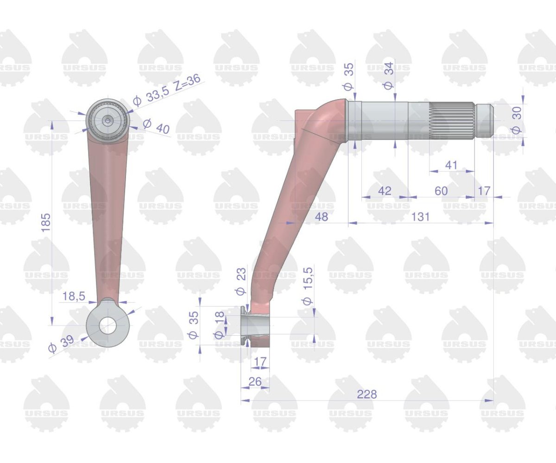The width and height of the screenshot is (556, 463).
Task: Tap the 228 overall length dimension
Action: pyautogui.click(x=366, y=394)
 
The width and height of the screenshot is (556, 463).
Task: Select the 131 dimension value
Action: pyautogui.click(x=420, y=217)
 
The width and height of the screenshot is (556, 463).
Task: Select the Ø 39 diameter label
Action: pyautogui.click(x=61, y=344)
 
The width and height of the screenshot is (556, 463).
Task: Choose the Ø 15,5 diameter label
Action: pyautogui.click(x=308, y=286)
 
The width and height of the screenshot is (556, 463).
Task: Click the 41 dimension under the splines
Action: pyautogui.click(x=451, y=165)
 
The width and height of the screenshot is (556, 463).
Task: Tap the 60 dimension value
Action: pyautogui.click(x=441, y=191)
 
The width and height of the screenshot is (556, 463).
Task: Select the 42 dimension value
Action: pyautogui.click(x=385, y=191)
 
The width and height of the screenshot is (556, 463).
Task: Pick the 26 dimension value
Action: pyautogui.click(x=255, y=382)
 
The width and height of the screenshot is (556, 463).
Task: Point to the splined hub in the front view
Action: pyautogui.click(x=107, y=120)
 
